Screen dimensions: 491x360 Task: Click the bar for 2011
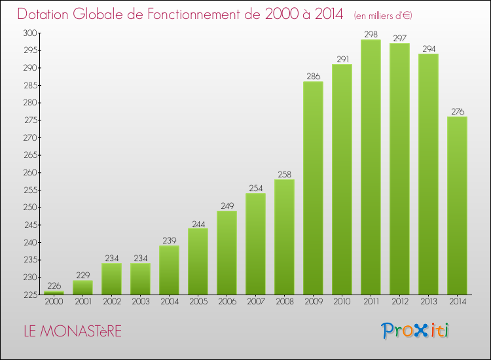point(371,167)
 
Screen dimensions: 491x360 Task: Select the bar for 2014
point(457,206)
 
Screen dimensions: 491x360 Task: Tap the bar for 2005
point(198,261)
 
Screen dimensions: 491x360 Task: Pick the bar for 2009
point(313,188)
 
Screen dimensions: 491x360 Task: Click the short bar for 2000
point(54,293)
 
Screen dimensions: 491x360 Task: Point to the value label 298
point(371,35)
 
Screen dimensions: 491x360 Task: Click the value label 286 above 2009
point(314,77)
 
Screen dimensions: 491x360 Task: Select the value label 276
point(458,111)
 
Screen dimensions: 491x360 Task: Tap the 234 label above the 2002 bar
point(112,259)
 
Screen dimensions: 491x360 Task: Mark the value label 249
point(227,206)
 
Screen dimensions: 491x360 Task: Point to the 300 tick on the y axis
point(30,33)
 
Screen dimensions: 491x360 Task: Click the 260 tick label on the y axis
point(30,173)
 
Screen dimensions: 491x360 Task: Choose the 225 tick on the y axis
point(31,295)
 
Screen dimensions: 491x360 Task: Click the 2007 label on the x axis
point(256,302)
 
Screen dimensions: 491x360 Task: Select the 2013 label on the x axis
point(429,302)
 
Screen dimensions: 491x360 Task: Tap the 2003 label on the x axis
point(141,302)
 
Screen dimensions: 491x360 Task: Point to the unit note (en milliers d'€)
point(383,16)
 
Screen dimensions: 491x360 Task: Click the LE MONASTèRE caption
point(73,331)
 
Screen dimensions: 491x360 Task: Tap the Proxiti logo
point(415,331)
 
